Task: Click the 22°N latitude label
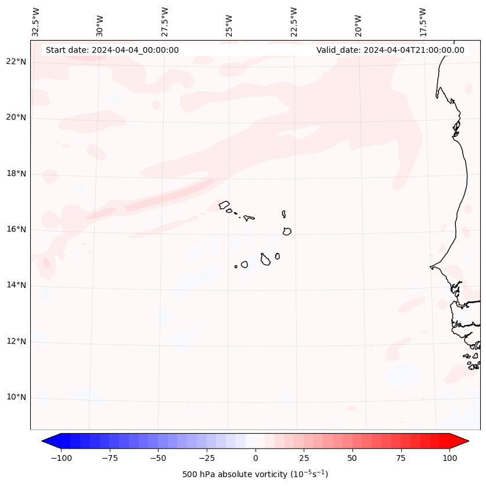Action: click(x=17, y=62)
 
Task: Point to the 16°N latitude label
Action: click(x=17, y=230)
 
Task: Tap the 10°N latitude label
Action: click(x=17, y=398)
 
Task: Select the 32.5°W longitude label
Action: click(x=36, y=22)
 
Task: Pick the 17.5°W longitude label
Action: click(x=423, y=22)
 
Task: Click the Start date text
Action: click(x=112, y=50)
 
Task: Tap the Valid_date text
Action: click(x=390, y=50)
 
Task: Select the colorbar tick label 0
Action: click(x=255, y=459)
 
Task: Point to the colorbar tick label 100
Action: click(x=449, y=459)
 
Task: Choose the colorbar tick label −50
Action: click(x=157, y=459)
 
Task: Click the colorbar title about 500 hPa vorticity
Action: click(x=255, y=474)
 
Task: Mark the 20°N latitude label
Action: click(x=17, y=118)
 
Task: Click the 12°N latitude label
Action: click(x=17, y=341)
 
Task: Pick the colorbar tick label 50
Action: click(x=352, y=459)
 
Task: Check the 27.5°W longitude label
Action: click(x=165, y=22)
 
